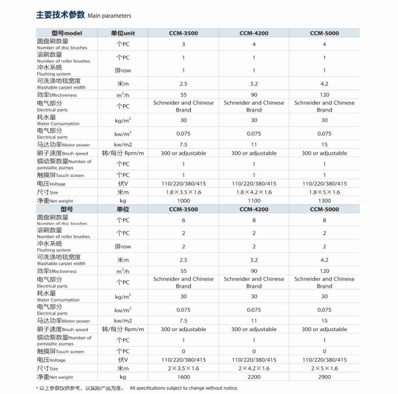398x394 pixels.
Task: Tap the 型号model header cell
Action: [x=67, y=32]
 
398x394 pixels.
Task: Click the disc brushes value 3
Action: [x=183, y=44]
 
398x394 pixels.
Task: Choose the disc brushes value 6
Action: [x=183, y=220]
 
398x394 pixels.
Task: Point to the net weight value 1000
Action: [x=183, y=200]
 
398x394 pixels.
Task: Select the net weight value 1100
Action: [x=254, y=200]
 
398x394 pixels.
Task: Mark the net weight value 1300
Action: [x=325, y=200]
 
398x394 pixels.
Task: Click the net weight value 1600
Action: [x=183, y=377]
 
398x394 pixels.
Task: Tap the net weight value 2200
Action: [x=254, y=377]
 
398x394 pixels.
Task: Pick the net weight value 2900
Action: [x=325, y=377]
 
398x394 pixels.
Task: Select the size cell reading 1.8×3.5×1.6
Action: [x=183, y=192]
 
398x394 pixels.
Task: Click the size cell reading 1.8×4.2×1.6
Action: [x=254, y=192]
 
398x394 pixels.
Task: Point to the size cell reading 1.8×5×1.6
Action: [x=325, y=192]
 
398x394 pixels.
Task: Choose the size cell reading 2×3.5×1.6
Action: [x=183, y=368]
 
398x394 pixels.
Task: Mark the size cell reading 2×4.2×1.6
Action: [x=254, y=368]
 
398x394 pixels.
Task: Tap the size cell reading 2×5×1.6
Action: [x=325, y=368]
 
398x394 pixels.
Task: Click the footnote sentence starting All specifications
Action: [x=184, y=388]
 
